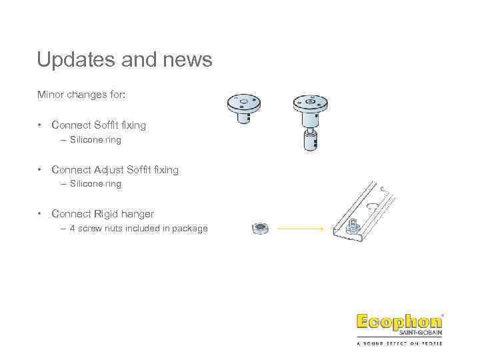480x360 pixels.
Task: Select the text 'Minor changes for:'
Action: coord(81,95)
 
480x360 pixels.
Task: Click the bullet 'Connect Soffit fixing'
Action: coord(99,125)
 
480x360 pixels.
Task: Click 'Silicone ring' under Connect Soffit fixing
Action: coord(95,140)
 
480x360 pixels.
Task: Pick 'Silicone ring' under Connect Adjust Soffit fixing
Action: coord(95,183)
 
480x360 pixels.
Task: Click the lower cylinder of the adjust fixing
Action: coord(311,140)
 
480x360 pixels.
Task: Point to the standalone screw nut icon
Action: coord(260,229)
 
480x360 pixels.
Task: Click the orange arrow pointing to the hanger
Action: coord(300,229)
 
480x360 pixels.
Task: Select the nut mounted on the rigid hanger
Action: coord(354,226)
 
